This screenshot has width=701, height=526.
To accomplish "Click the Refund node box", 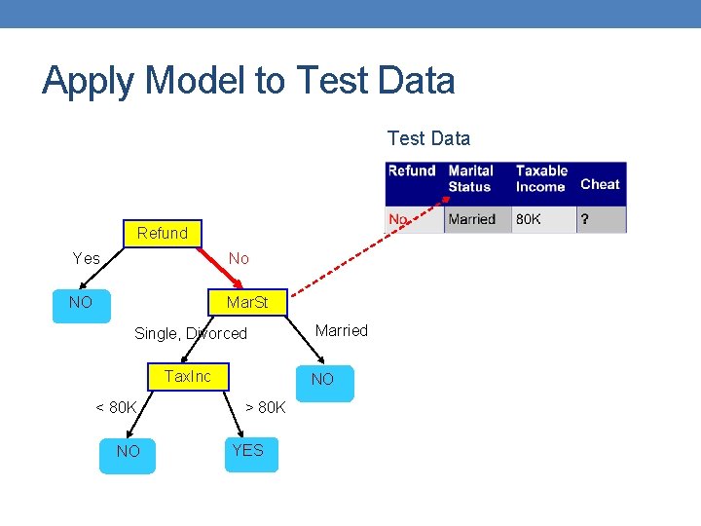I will [x=163, y=233].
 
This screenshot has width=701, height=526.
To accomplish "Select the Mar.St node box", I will [x=246, y=303].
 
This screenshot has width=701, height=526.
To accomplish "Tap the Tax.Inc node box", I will [x=188, y=376].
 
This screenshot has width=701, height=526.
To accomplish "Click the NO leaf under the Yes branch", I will [x=81, y=303].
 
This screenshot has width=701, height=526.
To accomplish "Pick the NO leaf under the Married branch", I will [x=322, y=381].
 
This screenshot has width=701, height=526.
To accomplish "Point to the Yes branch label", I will [x=87, y=258].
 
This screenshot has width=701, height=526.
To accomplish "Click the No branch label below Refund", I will [x=239, y=258].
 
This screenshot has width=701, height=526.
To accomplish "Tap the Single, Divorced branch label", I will [x=191, y=333].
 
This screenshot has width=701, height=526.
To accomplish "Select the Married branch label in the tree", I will [x=342, y=330].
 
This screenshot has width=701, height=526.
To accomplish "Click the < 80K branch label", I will [x=116, y=407].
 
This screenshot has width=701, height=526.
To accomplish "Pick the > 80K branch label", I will [x=265, y=407].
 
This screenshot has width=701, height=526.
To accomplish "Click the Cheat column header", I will [x=600, y=184].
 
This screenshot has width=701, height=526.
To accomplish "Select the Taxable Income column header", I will [x=541, y=179].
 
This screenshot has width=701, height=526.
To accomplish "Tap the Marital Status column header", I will [x=471, y=179].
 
